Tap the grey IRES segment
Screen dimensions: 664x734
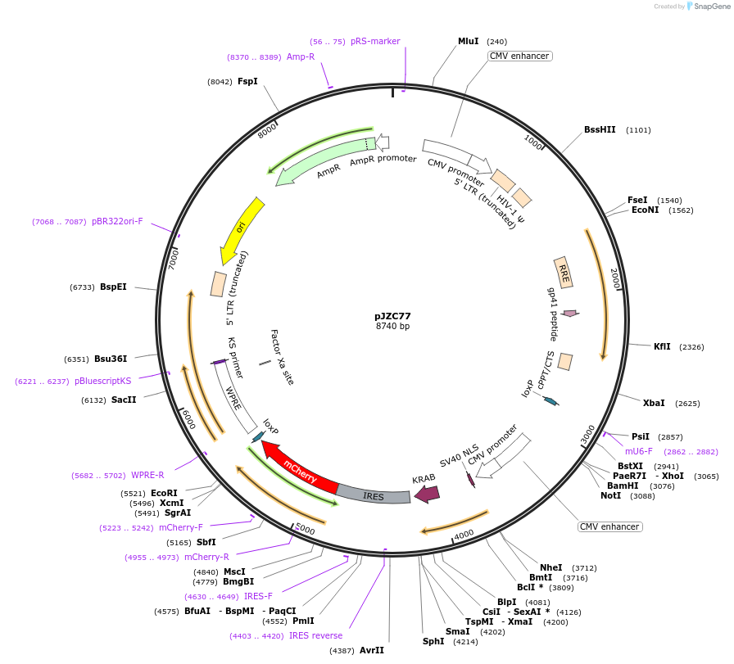374,495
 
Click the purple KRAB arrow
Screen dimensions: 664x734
427,493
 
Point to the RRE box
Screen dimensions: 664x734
563,271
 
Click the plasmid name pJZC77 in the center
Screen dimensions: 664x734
392,316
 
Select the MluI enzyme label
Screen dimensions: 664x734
469,41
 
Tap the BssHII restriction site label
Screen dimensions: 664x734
600,129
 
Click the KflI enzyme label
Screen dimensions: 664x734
662,346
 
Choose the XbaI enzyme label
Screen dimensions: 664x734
654,403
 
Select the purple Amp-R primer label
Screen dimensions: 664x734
301,56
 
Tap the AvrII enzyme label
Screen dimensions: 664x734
372,650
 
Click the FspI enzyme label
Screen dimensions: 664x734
247,81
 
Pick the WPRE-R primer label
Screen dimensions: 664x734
147,475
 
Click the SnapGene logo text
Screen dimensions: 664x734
710,7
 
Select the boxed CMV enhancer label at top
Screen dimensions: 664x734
520,56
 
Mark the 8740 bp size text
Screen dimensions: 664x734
392,326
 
